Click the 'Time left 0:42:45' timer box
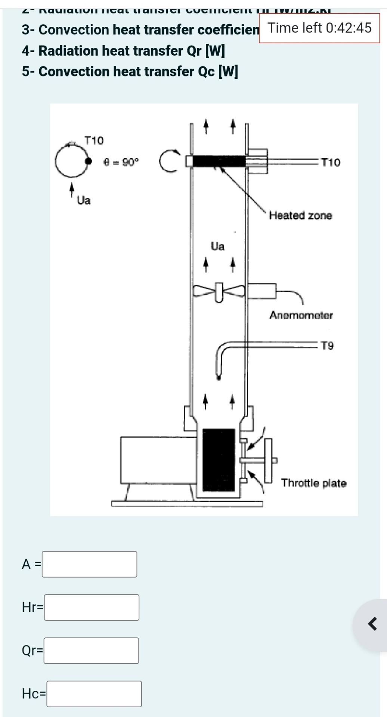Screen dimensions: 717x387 (x=319, y=28)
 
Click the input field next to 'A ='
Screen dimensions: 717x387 (x=89, y=564)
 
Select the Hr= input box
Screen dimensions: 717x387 (x=92, y=607)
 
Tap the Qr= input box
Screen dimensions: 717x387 (x=91, y=651)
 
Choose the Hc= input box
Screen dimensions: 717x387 (x=94, y=693)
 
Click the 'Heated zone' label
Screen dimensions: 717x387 (x=300, y=215)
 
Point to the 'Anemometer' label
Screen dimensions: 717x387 (x=301, y=315)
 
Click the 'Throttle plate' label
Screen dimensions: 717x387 (x=314, y=483)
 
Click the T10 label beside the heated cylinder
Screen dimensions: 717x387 (x=331, y=162)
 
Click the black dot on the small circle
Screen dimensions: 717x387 (x=89, y=161)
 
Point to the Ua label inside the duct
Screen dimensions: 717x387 (x=218, y=246)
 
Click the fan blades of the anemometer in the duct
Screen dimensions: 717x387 (x=219, y=291)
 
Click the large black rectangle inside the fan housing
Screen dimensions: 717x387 (x=219, y=460)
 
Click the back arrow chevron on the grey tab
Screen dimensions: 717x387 (x=372, y=624)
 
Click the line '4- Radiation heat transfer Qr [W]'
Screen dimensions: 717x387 (x=123, y=51)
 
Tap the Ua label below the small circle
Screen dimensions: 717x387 (x=84, y=201)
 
